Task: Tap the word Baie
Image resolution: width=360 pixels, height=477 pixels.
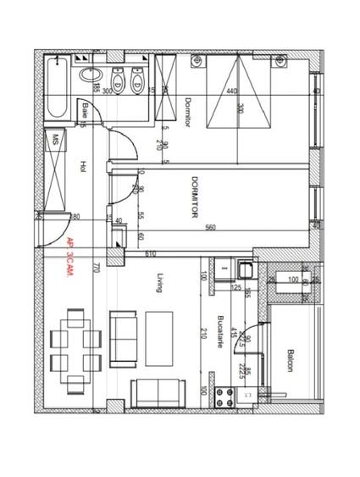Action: coord(86,109)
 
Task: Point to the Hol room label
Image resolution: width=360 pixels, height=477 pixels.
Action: coord(82,167)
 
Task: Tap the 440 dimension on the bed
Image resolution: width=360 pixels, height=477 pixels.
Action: coord(231,92)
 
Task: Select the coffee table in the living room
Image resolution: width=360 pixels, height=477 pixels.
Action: coord(158,329)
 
